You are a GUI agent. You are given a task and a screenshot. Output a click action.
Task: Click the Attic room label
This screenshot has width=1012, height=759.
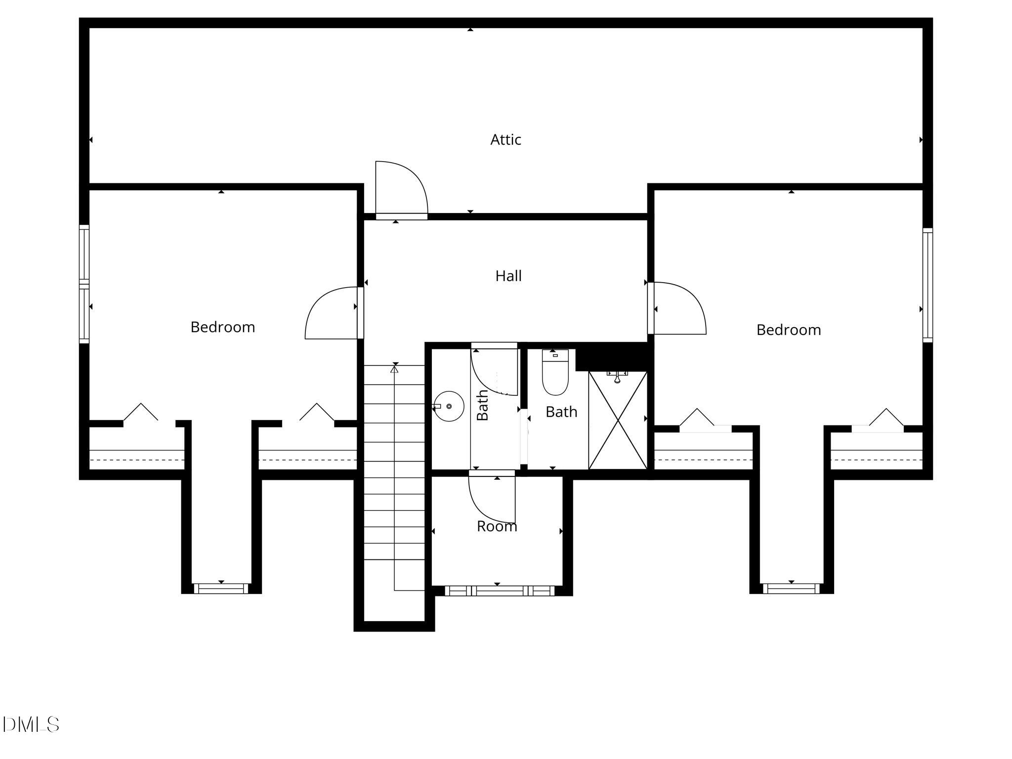tap(506, 140)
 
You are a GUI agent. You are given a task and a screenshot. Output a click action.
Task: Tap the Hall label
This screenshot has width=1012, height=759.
tap(508, 276)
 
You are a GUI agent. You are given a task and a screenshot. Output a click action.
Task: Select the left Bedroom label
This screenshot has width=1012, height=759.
tap(223, 327)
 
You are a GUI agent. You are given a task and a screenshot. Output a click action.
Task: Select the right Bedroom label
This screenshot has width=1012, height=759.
tap(789, 330)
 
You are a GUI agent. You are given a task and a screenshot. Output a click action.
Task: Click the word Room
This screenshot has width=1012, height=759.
tap(497, 527)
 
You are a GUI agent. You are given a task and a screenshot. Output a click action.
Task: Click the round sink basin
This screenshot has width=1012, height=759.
tap(449, 406)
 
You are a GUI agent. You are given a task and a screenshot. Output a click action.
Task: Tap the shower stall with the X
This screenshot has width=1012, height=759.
tap(618, 420)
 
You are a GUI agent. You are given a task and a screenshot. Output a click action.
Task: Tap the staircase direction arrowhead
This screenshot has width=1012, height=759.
tap(394, 368)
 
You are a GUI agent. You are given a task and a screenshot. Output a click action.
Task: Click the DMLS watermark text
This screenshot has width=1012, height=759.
tap(31, 725)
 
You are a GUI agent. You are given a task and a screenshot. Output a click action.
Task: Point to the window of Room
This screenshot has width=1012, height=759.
tap(500, 590)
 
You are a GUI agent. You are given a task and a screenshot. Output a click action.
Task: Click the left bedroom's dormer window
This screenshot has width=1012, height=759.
tap(221, 589)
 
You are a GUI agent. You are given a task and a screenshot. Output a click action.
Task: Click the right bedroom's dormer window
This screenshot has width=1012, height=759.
tap(791, 589)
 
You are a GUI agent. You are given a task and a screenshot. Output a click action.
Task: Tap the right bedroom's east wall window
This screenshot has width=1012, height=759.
tap(928, 285)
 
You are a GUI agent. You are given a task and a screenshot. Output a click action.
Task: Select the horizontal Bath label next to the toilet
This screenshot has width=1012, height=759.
tap(561, 412)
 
